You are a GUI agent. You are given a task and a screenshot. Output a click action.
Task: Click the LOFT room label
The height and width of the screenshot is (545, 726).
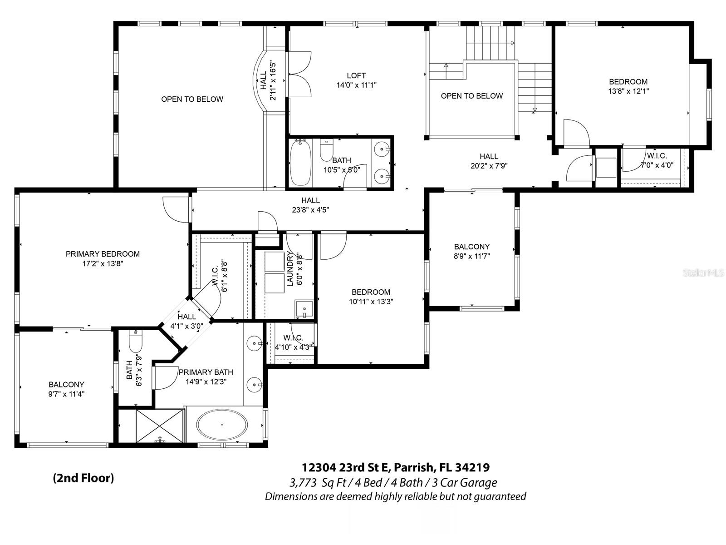coord(356,75)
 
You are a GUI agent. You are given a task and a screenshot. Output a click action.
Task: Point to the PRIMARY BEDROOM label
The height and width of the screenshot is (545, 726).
coord(103,254)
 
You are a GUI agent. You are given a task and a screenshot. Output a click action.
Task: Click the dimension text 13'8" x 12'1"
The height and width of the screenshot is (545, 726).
coord(628,91)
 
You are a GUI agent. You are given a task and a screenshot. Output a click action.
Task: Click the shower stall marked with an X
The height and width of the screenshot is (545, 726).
coord(159,426)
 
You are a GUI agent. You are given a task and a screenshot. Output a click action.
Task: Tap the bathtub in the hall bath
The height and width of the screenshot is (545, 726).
coord(300,163)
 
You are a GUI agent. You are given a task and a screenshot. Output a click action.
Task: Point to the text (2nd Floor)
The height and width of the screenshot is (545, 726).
coord(83,478)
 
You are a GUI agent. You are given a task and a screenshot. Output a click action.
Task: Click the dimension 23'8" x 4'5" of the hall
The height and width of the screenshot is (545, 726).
coord(310,210)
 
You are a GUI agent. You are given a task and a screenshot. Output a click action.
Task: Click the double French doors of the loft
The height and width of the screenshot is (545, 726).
coord(299,74)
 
